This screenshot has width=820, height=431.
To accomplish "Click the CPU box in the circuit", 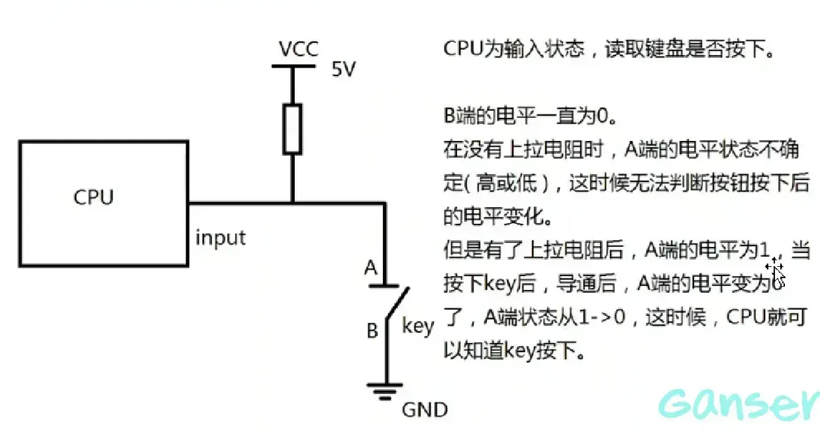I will [x=103, y=203].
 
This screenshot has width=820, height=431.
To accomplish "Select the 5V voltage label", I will [x=343, y=70].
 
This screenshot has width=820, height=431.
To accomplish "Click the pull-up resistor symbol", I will [x=292, y=128].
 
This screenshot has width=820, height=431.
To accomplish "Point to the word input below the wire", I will [x=220, y=238].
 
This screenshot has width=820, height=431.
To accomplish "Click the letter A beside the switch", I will [x=371, y=268].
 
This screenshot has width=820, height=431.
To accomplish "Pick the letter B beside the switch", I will [x=372, y=330].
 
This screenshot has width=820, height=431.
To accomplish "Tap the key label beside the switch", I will [x=418, y=326].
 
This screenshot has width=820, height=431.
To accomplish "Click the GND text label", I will [x=425, y=410].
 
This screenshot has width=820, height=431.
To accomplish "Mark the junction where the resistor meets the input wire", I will [x=292, y=203].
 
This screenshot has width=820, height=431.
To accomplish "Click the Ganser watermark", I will [x=739, y=403].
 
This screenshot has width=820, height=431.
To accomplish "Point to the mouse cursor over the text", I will [x=776, y=271].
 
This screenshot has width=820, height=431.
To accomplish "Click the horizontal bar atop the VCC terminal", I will [x=293, y=66].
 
